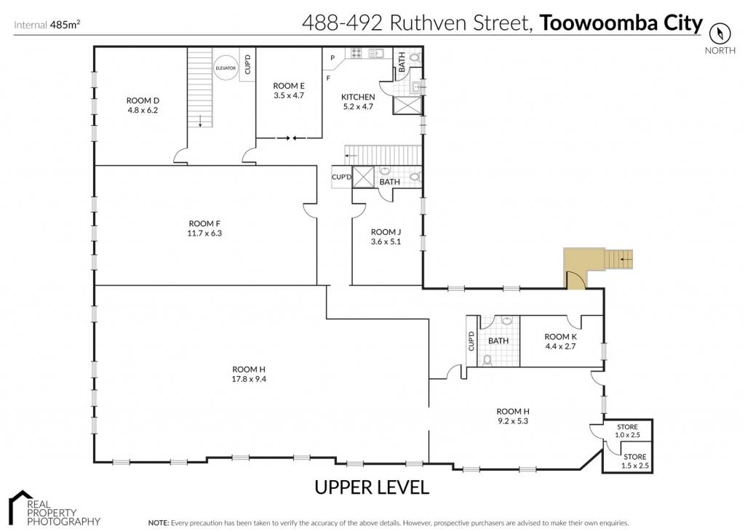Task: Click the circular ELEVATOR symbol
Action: coord(226,68)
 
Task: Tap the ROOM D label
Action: coord(143,100)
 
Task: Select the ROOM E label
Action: coord(289,86)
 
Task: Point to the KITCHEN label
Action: coord(358,97)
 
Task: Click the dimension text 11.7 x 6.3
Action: coord(204,233)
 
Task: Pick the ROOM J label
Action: coord(386,232)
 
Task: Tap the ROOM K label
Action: coord(561,337)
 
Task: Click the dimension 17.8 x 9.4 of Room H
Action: coord(249,379)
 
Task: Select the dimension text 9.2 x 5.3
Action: coord(513,421)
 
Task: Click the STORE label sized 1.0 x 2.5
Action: coord(627,427)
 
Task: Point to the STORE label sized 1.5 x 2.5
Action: coord(634,457)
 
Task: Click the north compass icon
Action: coord(720,33)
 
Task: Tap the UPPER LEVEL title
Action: coord(372,487)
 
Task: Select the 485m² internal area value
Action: coord(65,25)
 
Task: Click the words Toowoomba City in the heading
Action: coord(621,23)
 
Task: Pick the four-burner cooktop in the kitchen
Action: coord(356,52)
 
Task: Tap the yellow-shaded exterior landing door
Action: coord(576,280)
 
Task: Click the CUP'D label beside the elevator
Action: coord(247,64)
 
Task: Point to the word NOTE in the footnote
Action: coord(158,523)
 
